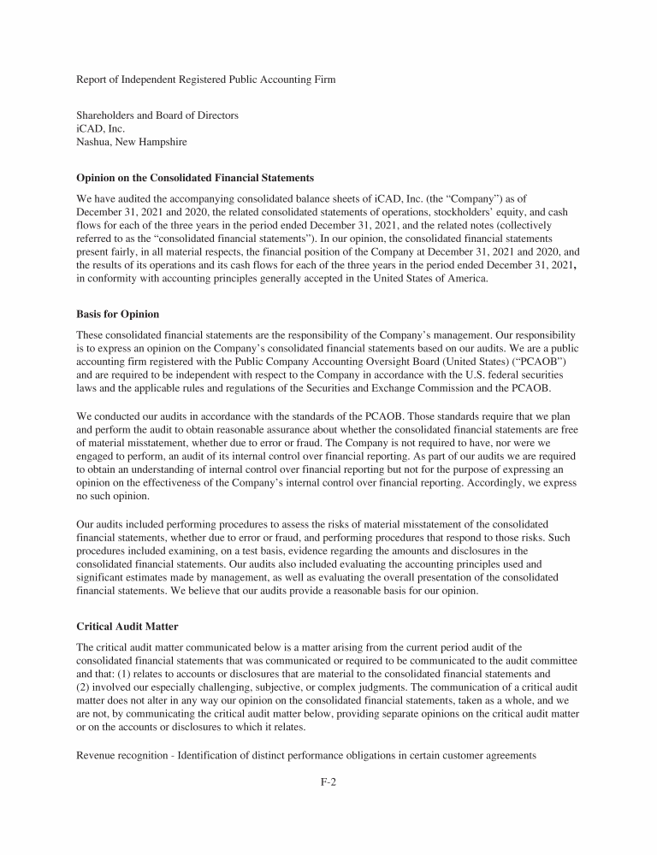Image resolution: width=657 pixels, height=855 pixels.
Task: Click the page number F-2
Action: [x=328, y=781]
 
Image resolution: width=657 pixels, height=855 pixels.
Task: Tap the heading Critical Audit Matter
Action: [x=127, y=627]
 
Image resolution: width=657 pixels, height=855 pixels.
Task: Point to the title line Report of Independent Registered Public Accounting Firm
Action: [x=206, y=80]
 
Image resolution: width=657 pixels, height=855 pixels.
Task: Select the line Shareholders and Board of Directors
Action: [x=157, y=115]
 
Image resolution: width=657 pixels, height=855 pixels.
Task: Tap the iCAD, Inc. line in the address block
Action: [x=101, y=129]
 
